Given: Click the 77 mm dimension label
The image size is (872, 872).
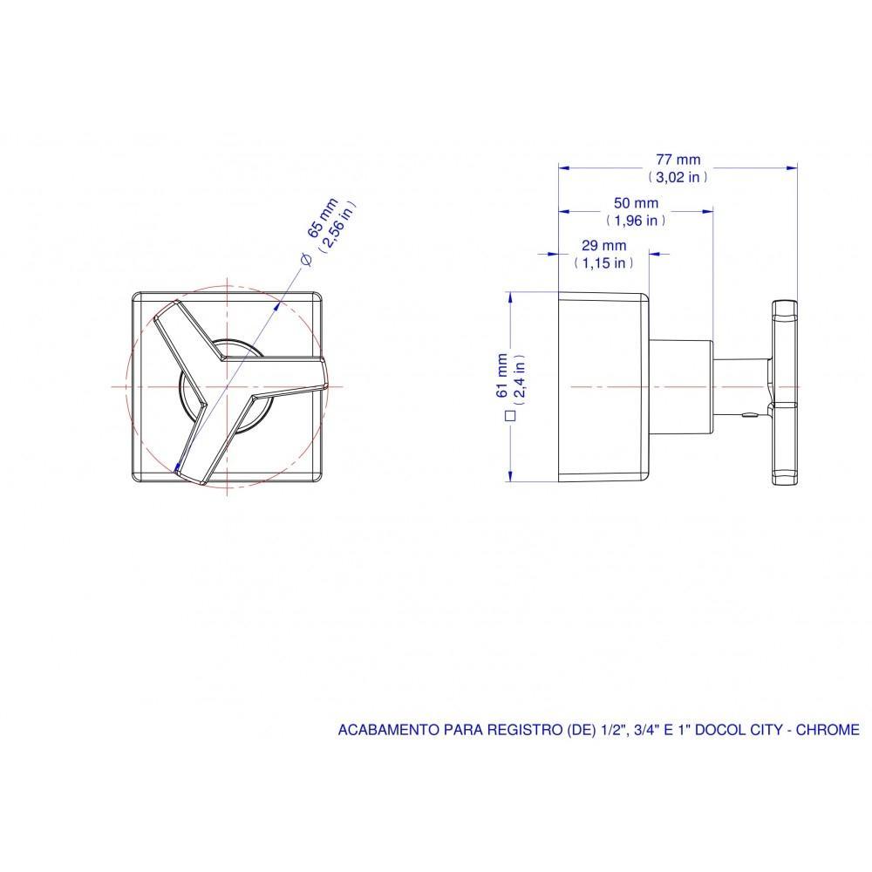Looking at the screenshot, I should [678, 160].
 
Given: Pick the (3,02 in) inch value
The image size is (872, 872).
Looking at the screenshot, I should [678, 176].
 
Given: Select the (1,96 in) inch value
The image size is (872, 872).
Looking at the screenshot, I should [637, 221].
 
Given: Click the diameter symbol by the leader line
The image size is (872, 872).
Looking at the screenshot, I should [304, 259].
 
